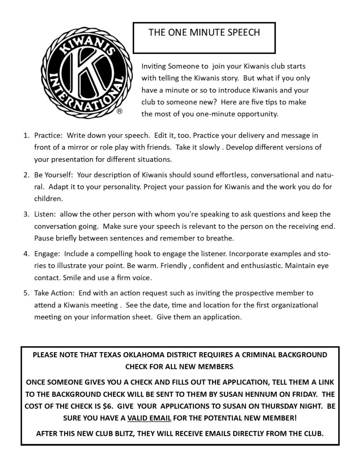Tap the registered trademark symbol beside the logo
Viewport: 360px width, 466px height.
tap(120, 111)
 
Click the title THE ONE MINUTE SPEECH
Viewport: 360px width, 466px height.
tap(204, 33)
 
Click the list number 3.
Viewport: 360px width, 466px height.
tap(26, 214)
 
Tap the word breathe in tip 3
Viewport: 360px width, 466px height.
tap(221, 238)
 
